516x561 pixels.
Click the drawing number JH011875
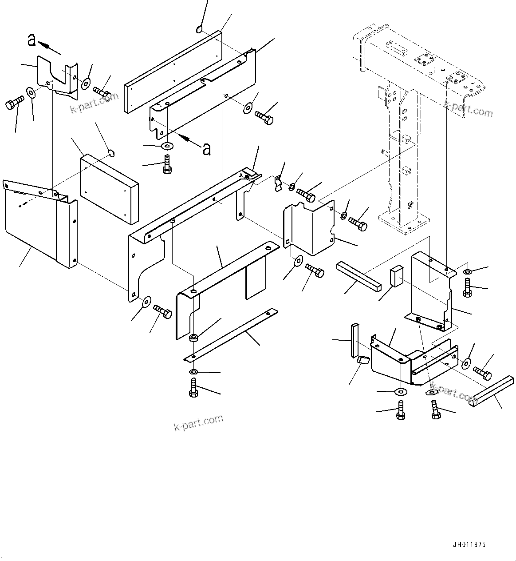pyautogui.click(x=469, y=545)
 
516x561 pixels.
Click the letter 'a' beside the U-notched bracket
pyautogui.click(x=32, y=40)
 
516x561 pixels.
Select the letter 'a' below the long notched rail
pyautogui.click(x=206, y=149)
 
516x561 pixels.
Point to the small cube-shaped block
pyautogui.click(x=397, y=275)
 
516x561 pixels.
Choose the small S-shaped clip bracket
pyautogui.click(x=278, y=182)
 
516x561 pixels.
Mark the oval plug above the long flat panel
pyautogui.click(x=199, y=30)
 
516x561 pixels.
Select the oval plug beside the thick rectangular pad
pyautogui.click(x=111, y=154)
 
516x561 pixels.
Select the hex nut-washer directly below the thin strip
pyautogui.click(x=194, y=371)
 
